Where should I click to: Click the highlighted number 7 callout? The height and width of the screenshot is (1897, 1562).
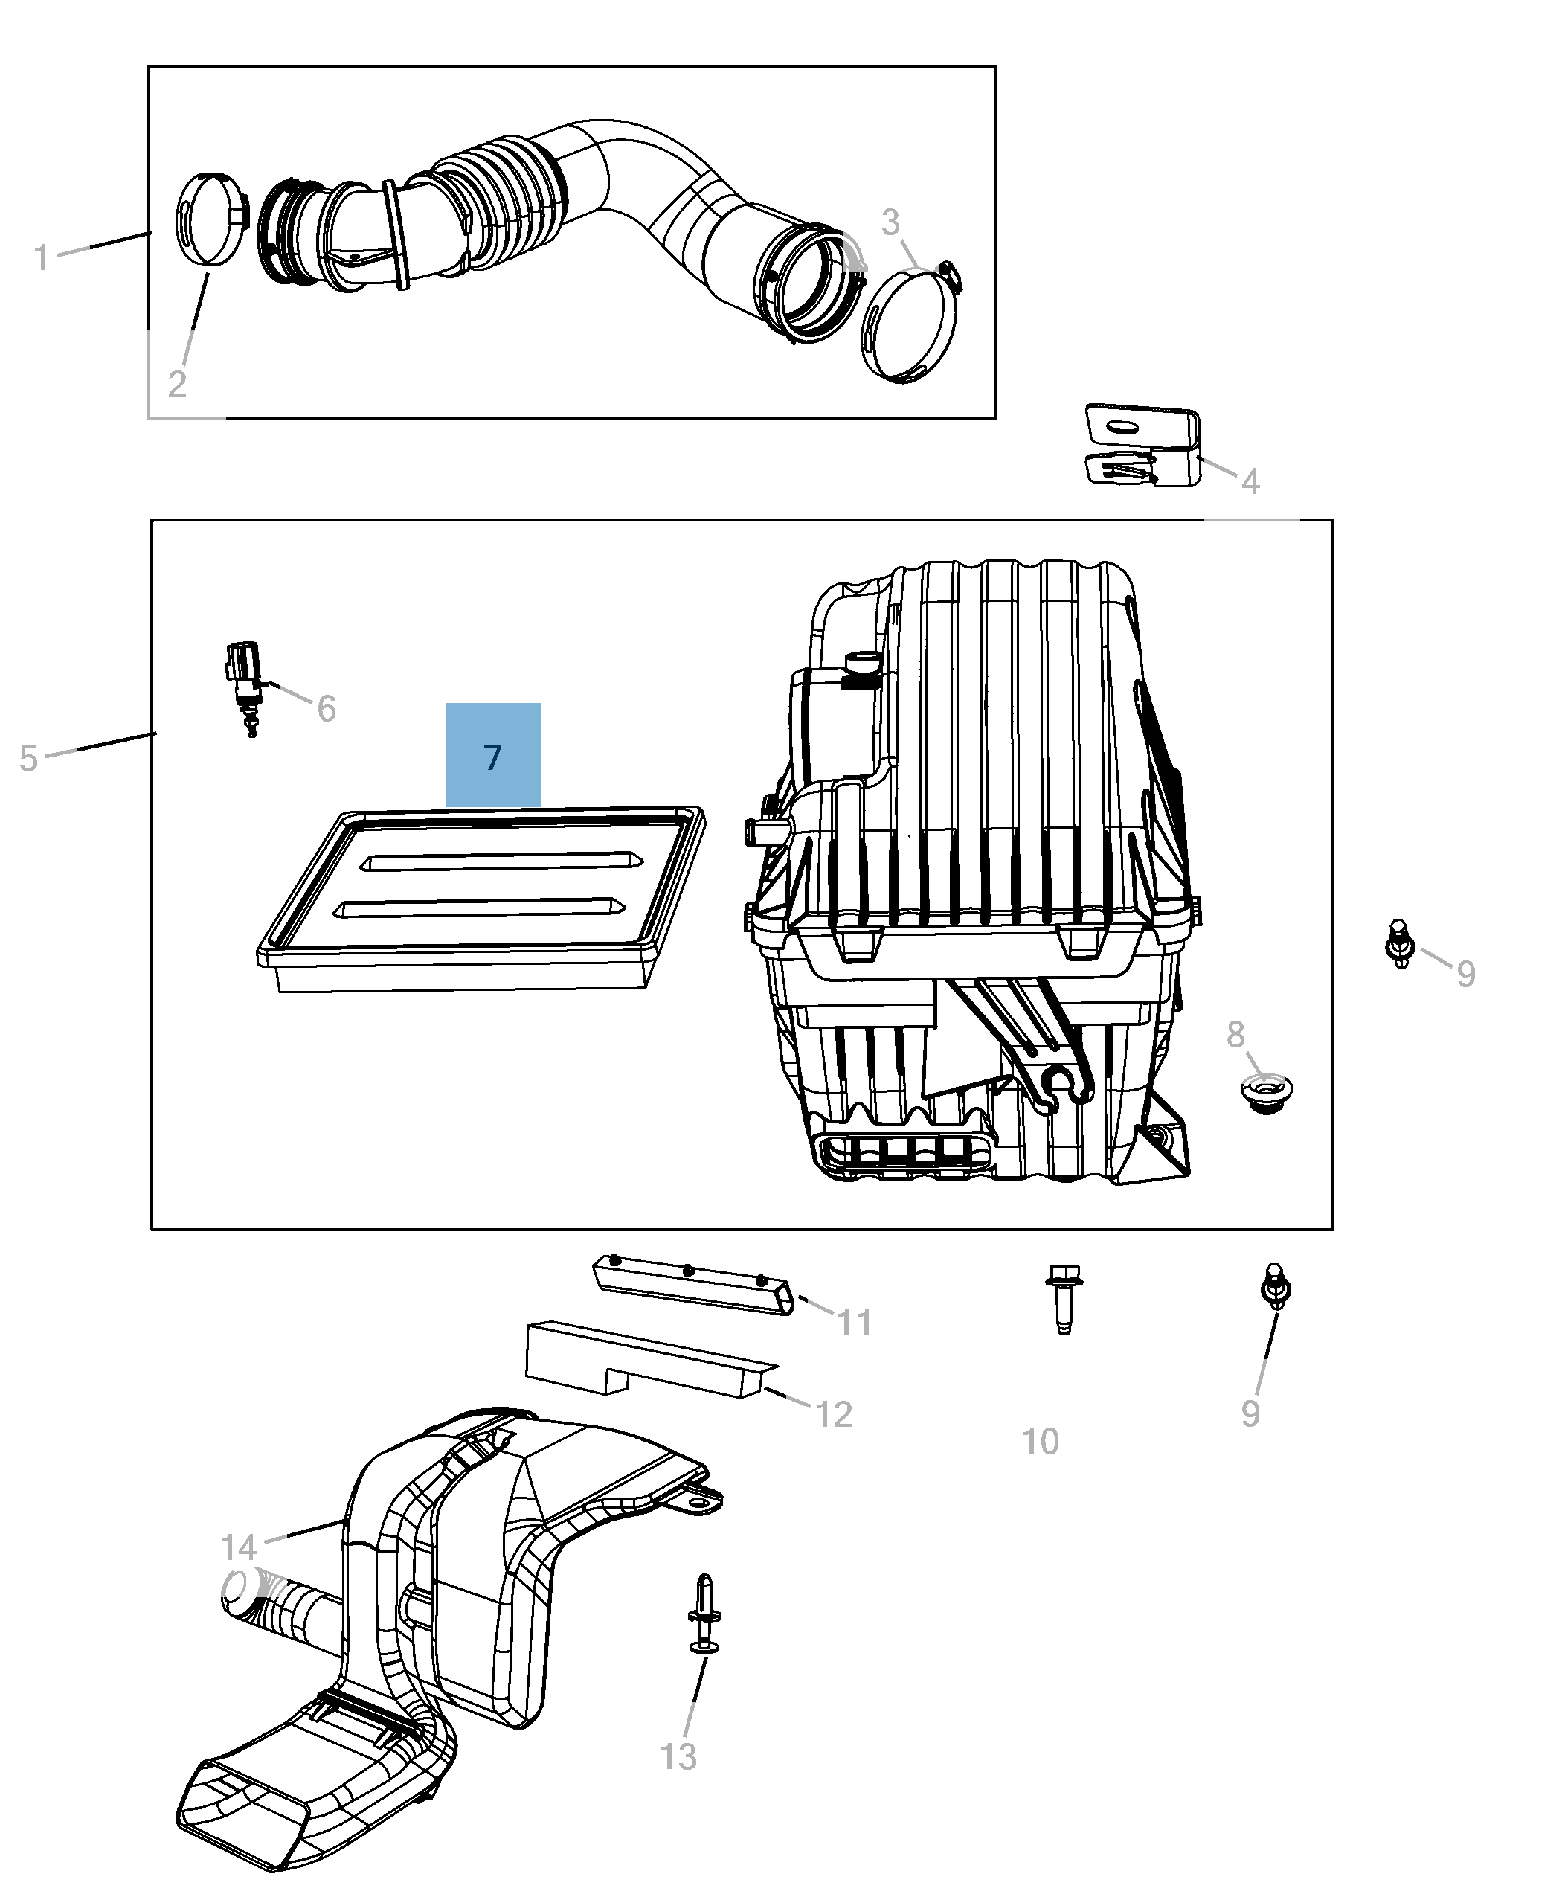(493, 756)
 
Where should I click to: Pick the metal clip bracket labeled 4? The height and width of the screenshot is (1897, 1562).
(1142, 446)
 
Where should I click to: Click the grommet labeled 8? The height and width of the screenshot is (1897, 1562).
(1267, 1094)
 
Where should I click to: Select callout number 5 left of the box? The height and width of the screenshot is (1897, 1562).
(29, 759)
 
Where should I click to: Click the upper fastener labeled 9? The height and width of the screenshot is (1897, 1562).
(1399, 943)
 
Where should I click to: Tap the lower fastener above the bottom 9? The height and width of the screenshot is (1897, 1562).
(1274, 1288)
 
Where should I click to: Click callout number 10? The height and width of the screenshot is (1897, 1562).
(1040, 1442)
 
